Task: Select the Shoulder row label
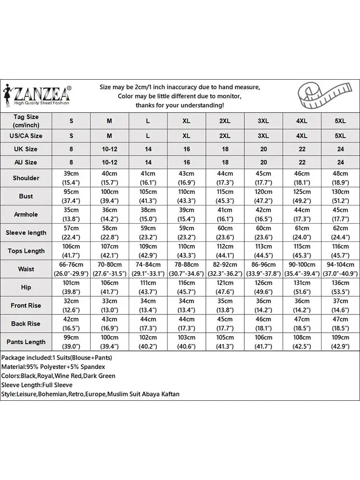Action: [x=26, y=178]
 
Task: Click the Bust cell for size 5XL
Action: [x=340, y=196]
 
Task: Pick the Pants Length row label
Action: [x=26, y=342]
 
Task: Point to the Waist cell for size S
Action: [x=71, y=269]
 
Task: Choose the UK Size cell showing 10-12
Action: [x=109, y=149]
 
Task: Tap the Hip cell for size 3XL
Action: [x=263, y=288]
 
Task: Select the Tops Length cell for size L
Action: [x=148, y=251]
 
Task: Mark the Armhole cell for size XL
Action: [x=186, y=215]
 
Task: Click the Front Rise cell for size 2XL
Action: [x=225, y=306]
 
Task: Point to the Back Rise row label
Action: [x=26, y=324]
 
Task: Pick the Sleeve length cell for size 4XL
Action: [x=301, y=233]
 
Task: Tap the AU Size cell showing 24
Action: [x=340, y=163]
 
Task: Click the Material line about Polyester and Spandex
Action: [x=53, y=367]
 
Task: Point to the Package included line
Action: [x=56, y=358]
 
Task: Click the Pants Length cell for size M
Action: [x=109, y=342]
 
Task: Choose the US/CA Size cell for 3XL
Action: [x=263, y=136]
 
